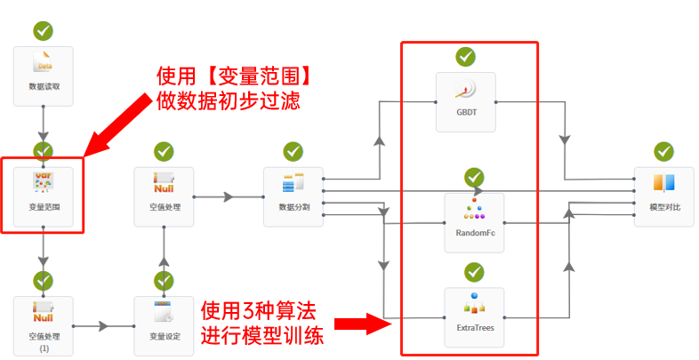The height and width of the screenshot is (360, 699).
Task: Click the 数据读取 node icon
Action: click(43, 63)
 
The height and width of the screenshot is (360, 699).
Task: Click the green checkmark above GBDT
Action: click(466, 57)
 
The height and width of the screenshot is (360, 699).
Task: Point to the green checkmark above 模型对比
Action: click(663, 151)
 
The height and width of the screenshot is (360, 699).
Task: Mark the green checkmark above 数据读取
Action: click(43, 30)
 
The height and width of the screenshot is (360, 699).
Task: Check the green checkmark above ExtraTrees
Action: click(473, 270)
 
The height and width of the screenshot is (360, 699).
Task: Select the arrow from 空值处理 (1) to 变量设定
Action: click(102, 326)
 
